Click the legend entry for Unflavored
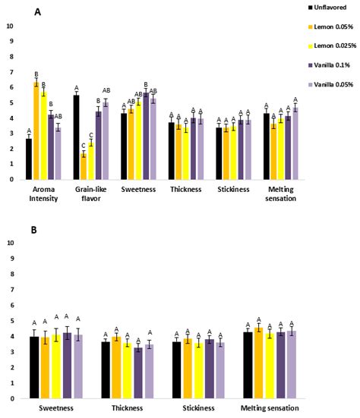click(331, 7)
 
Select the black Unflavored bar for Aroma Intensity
click(29, 159)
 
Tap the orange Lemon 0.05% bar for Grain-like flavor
click(84, 167)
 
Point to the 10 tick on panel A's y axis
click(10, 26)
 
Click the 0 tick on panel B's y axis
click(10, 398)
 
